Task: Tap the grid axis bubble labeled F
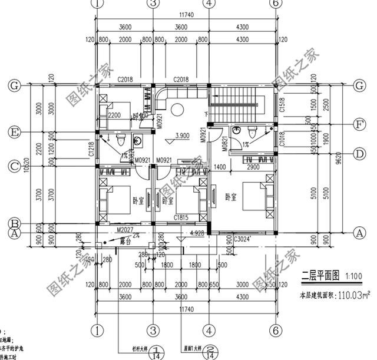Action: [358, 125]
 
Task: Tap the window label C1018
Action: [283, 139]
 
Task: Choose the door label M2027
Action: [125, 229]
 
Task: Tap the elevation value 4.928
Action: [198, 234]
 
